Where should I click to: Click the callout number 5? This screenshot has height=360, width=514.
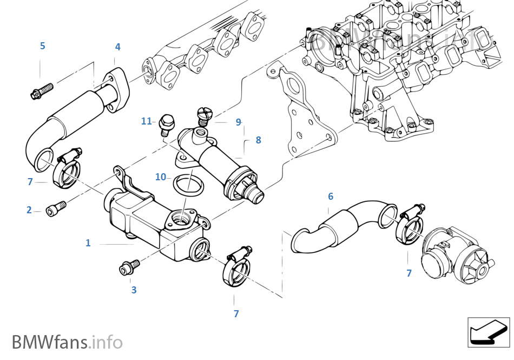[42, 45]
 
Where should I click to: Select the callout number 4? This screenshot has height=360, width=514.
[117, 47]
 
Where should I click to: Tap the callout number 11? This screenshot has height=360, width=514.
[146, 121]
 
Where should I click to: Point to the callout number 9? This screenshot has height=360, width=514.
[238, 122]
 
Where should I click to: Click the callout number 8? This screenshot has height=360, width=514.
[258, 140]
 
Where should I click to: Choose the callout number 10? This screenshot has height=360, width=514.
[161, 177]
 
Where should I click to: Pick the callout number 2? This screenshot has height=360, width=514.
[29, 210]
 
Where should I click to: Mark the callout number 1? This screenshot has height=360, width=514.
[88, 243]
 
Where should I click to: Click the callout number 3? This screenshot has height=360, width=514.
[134, 290]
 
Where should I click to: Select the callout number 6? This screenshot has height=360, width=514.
[331, 197]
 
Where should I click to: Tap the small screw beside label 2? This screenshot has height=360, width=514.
[56, 206]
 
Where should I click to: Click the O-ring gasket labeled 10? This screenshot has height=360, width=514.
[186, 185]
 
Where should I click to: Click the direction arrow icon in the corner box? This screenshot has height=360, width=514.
[488, 331]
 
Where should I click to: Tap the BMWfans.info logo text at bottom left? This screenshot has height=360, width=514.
[67, 342]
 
